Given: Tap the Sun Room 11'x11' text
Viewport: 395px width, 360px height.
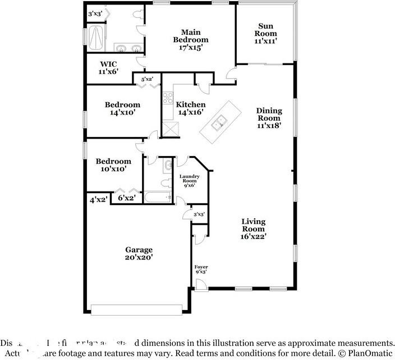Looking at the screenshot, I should click(267, 33).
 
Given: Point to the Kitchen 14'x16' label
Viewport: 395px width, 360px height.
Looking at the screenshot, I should click(191, 108).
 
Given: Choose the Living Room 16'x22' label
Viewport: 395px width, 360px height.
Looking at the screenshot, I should click(253, 229).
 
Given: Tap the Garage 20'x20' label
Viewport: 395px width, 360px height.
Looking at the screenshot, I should click(139, 253).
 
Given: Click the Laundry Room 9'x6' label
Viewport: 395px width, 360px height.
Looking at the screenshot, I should click(189, 180).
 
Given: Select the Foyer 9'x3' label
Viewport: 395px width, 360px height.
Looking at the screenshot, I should click(201, 269).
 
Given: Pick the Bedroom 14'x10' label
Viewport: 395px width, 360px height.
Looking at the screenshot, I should click(122, 108).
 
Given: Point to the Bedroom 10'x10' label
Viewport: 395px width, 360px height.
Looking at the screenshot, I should click(113, 165).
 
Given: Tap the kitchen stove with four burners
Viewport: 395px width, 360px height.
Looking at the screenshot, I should click(168, 99).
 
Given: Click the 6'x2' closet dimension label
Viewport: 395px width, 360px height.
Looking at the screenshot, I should click(126, 198).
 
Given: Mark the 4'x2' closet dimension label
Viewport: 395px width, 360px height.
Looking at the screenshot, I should click(98, 199).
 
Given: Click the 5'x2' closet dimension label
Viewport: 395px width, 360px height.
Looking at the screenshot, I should click(147, 79).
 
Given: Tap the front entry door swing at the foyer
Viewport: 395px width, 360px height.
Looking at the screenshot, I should click(201, 285).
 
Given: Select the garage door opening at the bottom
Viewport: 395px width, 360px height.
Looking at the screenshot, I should click(136, 309).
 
